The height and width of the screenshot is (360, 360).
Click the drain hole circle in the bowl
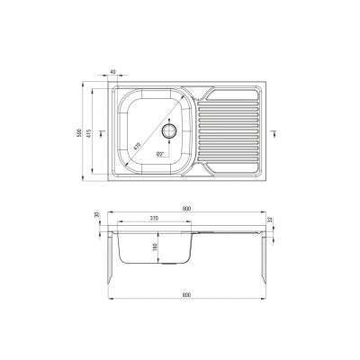167,130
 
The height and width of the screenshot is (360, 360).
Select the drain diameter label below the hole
161,155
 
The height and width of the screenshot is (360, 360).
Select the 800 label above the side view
185,209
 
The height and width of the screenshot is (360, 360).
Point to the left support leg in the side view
112,261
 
